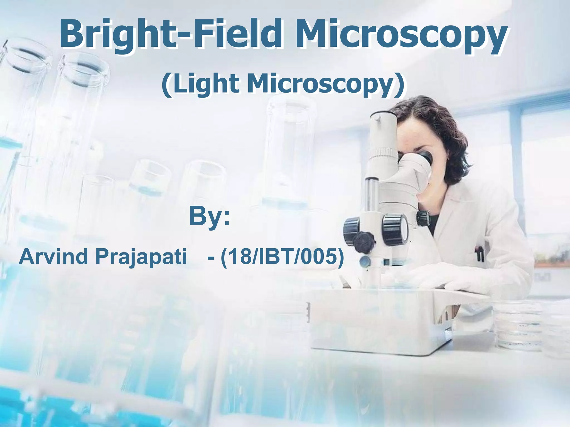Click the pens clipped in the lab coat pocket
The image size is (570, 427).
coord(479,253)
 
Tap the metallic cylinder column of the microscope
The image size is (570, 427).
coord(371,195)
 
